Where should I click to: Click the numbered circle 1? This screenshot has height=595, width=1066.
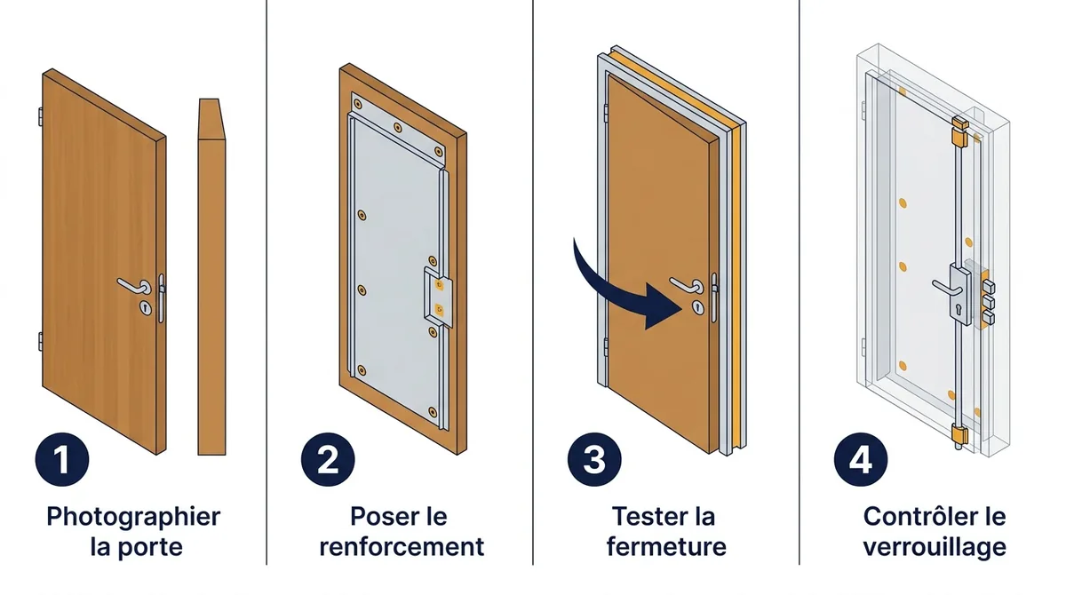pyautogui.click(x=62, y=459)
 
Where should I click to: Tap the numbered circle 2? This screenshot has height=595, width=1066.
pyautogui.click(x=328, y=459)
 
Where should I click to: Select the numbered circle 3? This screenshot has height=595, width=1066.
pyautogui.click(x=594, y=459)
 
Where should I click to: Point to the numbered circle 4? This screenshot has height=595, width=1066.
pyautogui.click(x=861, y=459)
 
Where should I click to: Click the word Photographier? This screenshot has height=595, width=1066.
pyautogui.click(x=133, y=518)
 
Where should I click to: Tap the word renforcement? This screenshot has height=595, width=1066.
pyautogui.click(x=402, y=547)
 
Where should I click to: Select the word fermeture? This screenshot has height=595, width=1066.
pyautogui.click(x=666, y=546)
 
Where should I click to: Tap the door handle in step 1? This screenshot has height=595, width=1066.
pyautogui.click(x=134, y=286)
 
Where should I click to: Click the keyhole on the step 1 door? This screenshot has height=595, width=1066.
pyautogui.click(x=146, y=308)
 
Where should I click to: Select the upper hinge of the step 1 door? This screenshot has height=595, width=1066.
pyautogui.click(x=41, y=117)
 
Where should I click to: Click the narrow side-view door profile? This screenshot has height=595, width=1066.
pyautogui.click(x=211, y=277)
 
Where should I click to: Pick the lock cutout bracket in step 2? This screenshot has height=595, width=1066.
pyautogui.click(x=438, y=297)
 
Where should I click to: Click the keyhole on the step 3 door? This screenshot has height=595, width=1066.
pyautogui.click(x=697, y=308)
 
